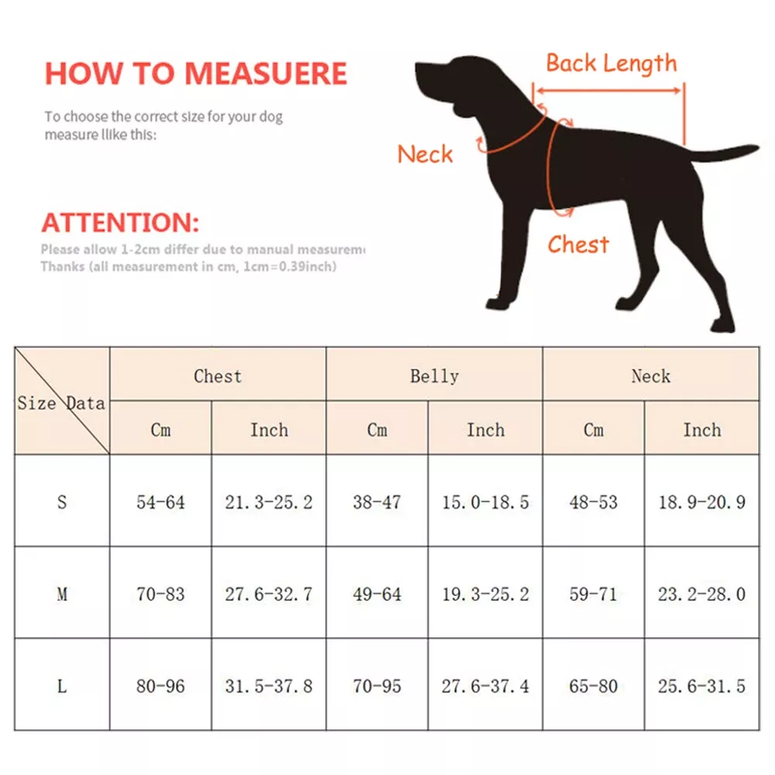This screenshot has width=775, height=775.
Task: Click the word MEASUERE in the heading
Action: point(266,73)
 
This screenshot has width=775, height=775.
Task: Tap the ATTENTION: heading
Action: point(120,223)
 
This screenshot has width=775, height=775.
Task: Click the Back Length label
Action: point(611,64)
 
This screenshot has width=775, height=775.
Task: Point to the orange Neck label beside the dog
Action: point(425,154)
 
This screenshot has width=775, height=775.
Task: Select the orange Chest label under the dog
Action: point(578,245)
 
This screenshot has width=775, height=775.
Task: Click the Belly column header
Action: point(434,377)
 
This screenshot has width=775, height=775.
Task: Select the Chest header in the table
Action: point(218,377)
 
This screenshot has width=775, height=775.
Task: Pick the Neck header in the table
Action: point(650,377)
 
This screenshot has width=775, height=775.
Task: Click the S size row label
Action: point(62,502)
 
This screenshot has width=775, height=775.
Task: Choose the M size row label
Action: point(62,594)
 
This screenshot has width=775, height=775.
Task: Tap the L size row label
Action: point(62,686)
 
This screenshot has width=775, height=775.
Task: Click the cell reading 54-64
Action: point(160,502)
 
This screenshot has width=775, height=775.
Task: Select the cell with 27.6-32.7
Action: point(269,594)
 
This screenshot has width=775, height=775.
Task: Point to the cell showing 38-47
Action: point(377,502)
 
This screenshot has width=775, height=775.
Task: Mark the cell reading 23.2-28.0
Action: point(701,594)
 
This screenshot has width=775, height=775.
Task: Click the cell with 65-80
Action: point(593,686)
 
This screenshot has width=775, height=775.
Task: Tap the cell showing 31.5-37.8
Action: point(269,686)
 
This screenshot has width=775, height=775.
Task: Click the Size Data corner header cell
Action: point(62,401)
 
